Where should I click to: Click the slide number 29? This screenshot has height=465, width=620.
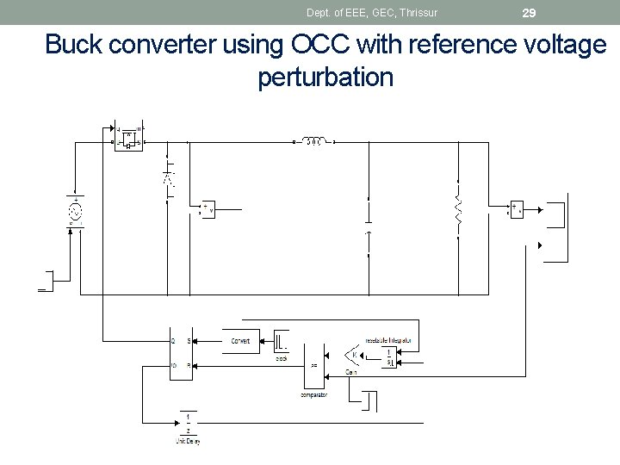(530, 12)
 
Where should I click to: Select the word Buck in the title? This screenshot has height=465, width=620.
(73, 45)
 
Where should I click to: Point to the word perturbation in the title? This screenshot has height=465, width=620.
(325, 77)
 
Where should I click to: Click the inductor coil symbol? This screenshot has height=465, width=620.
(314, 141)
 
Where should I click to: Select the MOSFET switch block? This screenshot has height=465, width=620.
(129, 136)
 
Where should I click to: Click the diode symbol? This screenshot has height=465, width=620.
(169, 179)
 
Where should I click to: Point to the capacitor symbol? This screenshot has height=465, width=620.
(369, 232)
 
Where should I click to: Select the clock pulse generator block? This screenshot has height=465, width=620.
(282, 341)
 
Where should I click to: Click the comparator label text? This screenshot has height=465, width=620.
(313, 395)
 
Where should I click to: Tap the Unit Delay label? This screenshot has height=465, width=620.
(188, 442)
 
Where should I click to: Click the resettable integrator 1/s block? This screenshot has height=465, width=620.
(389, 357)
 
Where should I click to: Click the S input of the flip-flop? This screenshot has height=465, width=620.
(189, 342)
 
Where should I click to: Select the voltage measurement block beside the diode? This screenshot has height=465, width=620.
(208, 208)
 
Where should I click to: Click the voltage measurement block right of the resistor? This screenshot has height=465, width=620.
(515, 208)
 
